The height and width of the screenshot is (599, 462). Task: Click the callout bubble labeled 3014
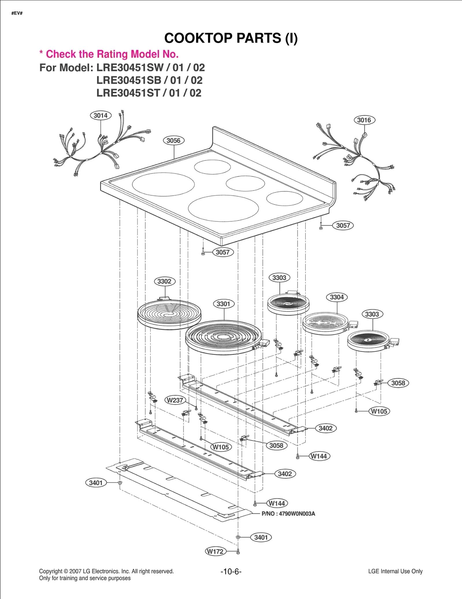(100, 116)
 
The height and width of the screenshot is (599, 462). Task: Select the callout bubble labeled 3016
(364, 120)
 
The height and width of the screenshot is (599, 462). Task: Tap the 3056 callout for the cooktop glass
(173, 141)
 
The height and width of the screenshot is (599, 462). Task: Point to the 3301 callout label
(223, 304)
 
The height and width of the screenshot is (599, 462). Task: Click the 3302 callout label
(164, 281)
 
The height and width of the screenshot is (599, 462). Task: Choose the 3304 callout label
(337, 297)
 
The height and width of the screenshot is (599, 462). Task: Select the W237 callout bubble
(175, 400)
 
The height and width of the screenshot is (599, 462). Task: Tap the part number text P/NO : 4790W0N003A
(288, 514)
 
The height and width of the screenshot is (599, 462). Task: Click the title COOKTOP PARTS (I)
(231, 38)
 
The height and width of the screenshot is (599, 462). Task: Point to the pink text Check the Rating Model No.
(112, 54)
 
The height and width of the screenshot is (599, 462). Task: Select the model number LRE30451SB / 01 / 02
(149, 80)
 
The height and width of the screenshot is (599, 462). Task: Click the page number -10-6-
(231, 571)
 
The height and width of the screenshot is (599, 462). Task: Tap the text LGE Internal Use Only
(395, 571)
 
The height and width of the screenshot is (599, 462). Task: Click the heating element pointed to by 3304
(325, 324)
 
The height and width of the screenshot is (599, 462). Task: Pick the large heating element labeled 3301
(223, 337)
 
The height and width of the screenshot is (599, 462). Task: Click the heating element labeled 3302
(169, 314)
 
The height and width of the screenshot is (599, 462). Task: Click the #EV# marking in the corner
(17, 13)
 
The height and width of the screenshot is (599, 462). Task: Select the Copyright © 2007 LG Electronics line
(106, 571)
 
